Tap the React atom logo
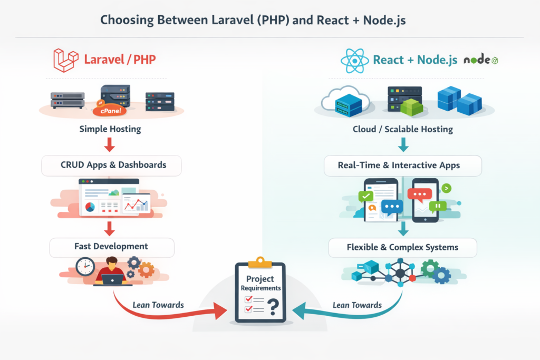(x=354, y=60)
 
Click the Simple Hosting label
(x=110, y=129)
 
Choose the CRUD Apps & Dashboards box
(x=111, y=165)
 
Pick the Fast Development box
(x=111, y=246)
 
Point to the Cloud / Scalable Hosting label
(x=403, y=129)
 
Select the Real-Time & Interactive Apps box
(x=403, y=165)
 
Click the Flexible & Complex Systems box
(x=402, y=247)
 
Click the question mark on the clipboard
(x=273, y=306)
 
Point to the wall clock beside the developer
(x=84, y=266)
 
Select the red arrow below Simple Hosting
(x=110, y=144)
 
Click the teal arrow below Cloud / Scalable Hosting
(x=403, y=144)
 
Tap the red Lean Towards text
(x=158, y=305)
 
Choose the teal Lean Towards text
(x=357, y=305)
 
